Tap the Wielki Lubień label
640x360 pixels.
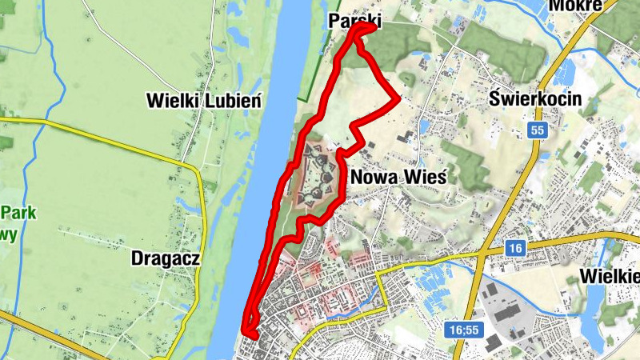204,101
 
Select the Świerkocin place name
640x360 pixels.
536,101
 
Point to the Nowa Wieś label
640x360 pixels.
397,176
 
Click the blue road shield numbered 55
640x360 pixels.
537,130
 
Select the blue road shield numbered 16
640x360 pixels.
514,250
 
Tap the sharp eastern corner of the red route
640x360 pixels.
398,98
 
